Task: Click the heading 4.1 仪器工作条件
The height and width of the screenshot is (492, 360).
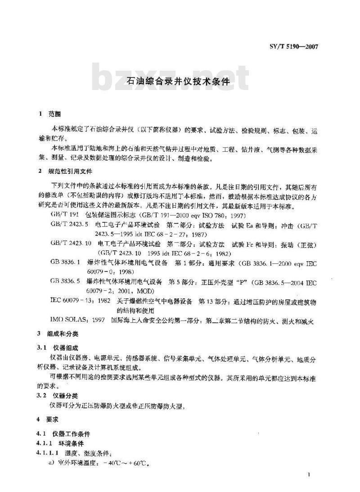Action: [64, 434]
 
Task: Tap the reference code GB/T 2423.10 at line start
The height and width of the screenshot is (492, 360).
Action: [71, 243]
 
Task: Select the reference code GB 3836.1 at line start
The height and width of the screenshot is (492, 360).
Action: [65, 262]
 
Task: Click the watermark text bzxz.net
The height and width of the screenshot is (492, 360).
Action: [171, 81]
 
